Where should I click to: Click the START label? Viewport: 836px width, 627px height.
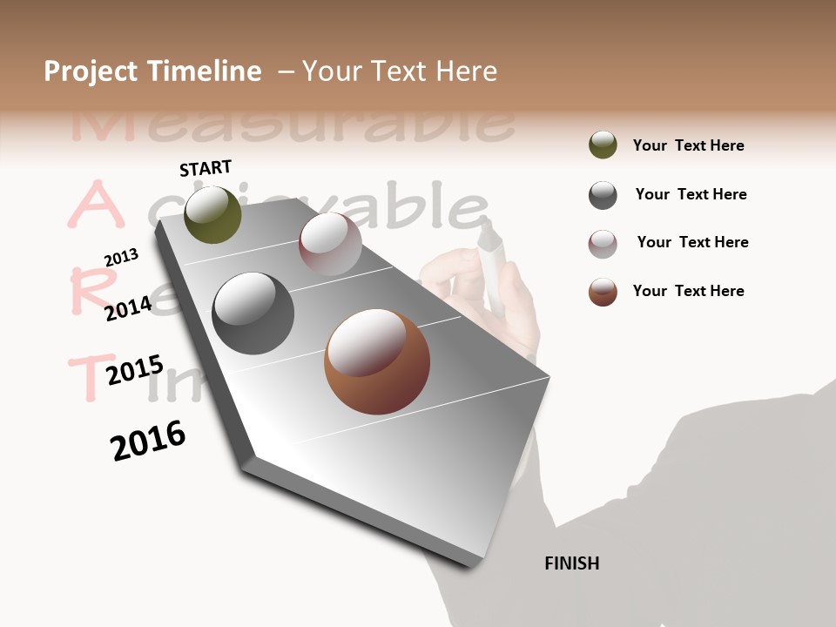206,168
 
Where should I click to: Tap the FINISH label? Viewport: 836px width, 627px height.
571,563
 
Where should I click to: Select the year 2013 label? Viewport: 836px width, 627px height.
122,257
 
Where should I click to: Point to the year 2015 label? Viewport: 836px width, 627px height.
134,370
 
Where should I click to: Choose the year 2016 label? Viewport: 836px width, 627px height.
148,440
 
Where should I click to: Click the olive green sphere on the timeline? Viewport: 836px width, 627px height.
212,215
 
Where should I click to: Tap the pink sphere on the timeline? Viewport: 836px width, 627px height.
330,244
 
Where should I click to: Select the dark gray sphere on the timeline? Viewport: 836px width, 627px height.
253,313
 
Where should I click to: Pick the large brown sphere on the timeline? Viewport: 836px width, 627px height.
377,361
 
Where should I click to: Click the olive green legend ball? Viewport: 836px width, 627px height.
603,145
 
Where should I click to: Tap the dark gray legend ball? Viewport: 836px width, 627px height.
603,195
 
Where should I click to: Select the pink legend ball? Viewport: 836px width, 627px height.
603,244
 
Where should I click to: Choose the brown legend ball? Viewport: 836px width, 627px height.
603,292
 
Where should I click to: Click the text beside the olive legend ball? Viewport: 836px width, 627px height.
688,145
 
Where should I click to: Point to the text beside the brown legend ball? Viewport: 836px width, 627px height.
688,291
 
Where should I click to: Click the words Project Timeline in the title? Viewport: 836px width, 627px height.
152,71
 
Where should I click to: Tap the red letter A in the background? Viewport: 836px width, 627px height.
91,206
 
